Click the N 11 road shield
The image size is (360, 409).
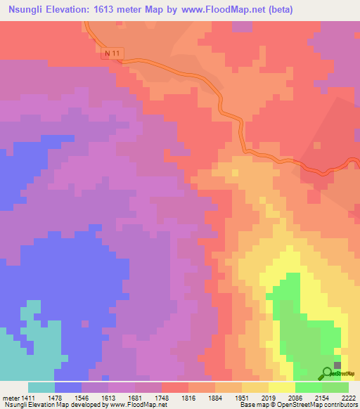[x=109, y=53]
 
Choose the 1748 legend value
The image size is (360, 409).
[x=162, y=398]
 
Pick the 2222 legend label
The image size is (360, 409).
[x=348, y=398]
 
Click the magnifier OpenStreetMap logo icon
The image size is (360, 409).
[x=328, y=374]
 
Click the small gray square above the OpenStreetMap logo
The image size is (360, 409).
[x=337, y=365]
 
